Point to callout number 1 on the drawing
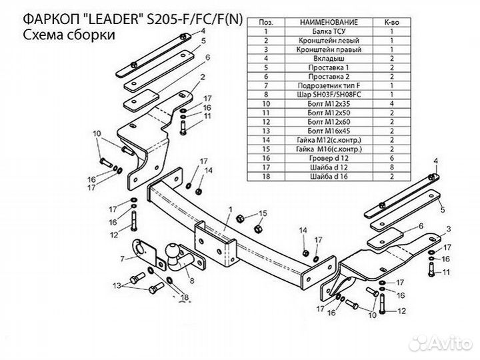coord(229,209)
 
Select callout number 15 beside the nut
coord(262,213)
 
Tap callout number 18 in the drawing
coord(185,298)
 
